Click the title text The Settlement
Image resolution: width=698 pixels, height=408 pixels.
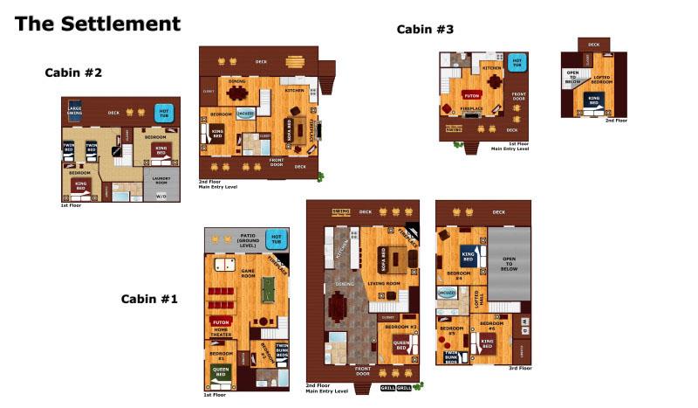[x=98, y=24]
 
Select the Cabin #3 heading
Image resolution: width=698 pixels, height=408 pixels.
[x=425, y=29]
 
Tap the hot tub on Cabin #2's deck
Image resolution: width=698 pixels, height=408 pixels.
[x=163, y=112]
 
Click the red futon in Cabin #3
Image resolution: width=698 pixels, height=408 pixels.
[x=471, y=94]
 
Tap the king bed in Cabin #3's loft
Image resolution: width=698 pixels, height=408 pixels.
[x=594, y=100]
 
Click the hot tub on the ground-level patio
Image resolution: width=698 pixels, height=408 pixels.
[x=276, y=238]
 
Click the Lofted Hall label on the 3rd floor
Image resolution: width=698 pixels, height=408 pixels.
[x=476, y=299]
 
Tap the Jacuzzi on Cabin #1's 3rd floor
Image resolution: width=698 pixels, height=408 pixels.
[x=447, y=293]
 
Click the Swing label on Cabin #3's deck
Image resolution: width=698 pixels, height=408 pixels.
[x=453, y=129]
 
